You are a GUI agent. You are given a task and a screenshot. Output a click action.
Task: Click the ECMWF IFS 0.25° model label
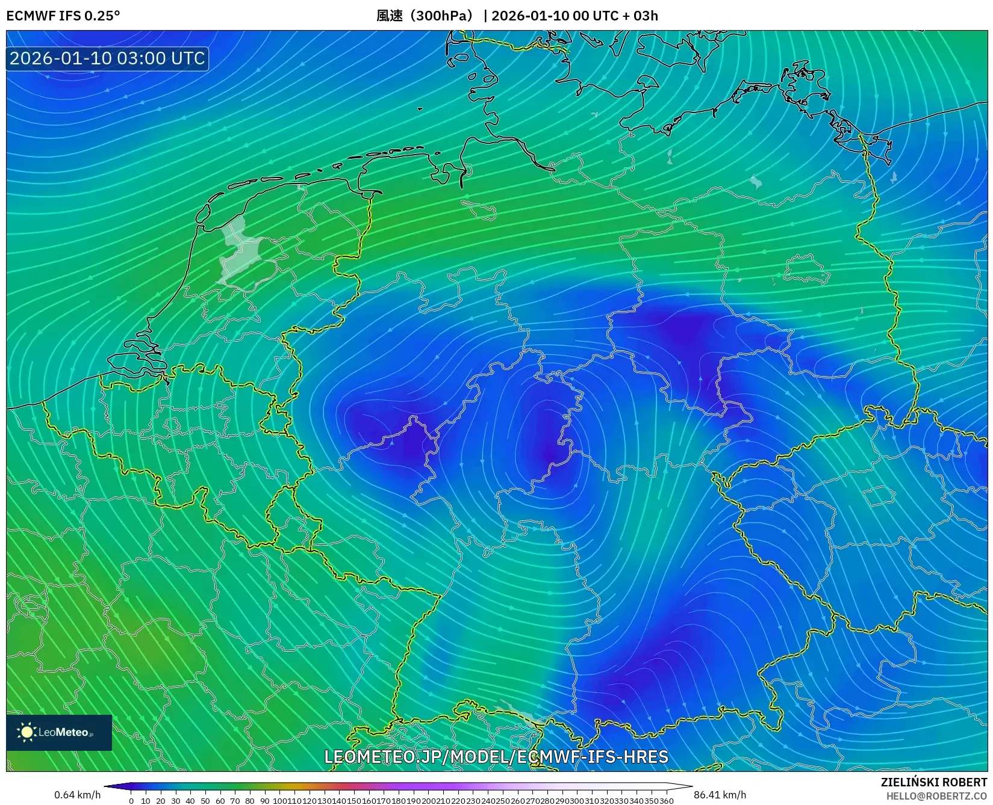pos(63,16)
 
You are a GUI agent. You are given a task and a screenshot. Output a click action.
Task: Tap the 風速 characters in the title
pos(390,16)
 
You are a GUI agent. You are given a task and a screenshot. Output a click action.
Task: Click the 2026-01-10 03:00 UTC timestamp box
pos(107,58)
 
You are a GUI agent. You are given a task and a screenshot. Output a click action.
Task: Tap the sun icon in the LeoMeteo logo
pos(26,732)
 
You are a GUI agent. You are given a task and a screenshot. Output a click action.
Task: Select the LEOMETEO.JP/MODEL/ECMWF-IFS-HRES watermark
pos(496,756)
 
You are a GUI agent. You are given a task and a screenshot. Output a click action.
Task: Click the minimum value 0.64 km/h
pos(77,795)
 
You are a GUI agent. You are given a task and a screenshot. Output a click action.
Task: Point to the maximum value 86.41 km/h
pos(720,795)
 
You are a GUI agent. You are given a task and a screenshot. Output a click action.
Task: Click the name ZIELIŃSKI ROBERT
pos(933,782)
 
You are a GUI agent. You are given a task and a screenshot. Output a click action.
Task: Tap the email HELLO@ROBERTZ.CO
pos(936,796)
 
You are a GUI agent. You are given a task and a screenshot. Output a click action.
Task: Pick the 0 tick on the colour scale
pos(131,801)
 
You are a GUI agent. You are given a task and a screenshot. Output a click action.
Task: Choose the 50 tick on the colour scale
pos(205,801)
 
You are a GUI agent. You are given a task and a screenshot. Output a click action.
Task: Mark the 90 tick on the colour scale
pos(264,801)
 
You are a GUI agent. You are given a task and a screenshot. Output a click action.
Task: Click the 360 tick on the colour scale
pos(666,801)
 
